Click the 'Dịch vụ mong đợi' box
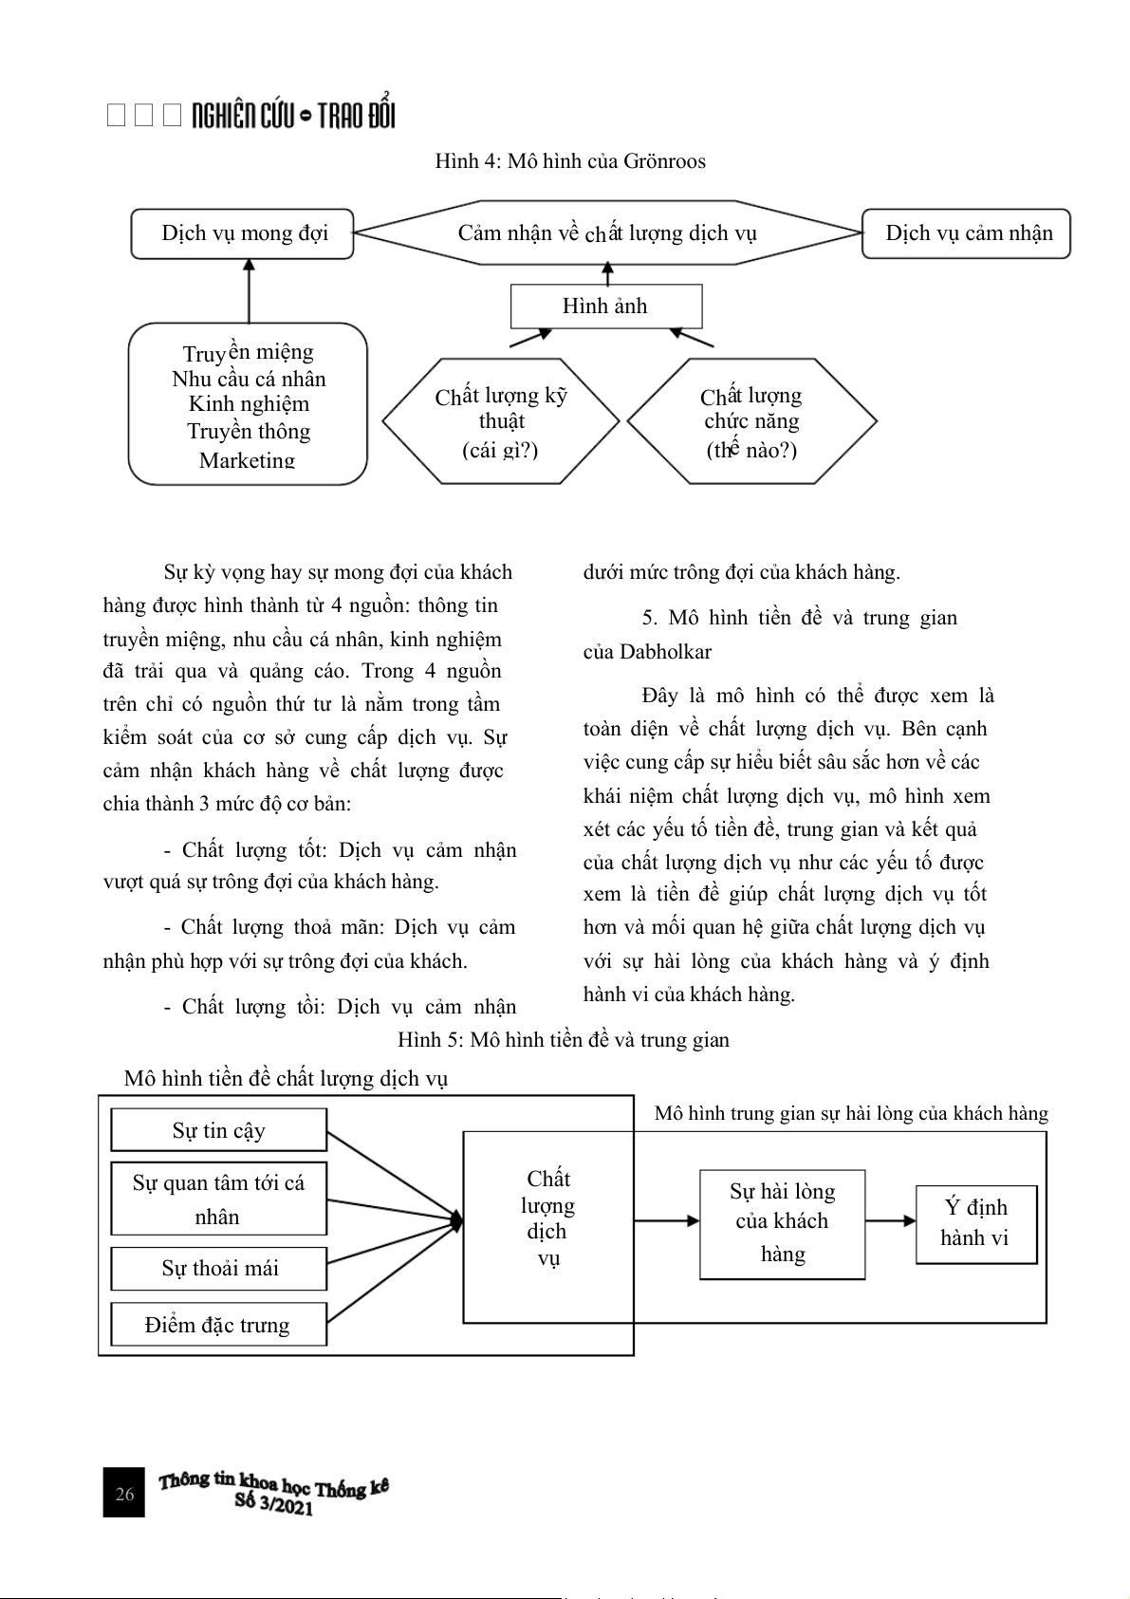pyautogui.click(x=243, y=234)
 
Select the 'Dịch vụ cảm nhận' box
pyautogui.click(x=966, y=234)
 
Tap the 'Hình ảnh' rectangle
pyautogui.click(x=605, y=307)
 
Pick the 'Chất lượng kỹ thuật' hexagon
pyautogui.click(x=501, y=421)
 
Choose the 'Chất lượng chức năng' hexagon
pyautogui.click(x=751, y=421)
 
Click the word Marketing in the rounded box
pyautogui.click(x=248, y=460)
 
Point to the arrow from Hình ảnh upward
pyautogui.click(x=607, y=273)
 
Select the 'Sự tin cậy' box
pyautogui.click(x=219, y=1130)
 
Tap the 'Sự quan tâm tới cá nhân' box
pyautogui.click(x=219, y=1199)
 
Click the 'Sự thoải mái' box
pyautogui.click(x=219, y=1269)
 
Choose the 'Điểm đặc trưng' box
pyautogui.click(x=219, y=1325)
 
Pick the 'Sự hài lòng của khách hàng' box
pyautogui.click(x=783, y=1224)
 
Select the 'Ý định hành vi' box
pyautogui.click(x=975, y=1224)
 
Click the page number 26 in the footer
pyautogui.click(x=124, y=1494)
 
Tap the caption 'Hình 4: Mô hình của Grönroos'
pyautogui.click(x=570, y=161)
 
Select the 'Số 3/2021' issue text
pyautogui.click(x=274, y=1505)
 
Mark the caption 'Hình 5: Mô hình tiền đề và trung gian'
pyautogui.click(x=564, y=1040)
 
